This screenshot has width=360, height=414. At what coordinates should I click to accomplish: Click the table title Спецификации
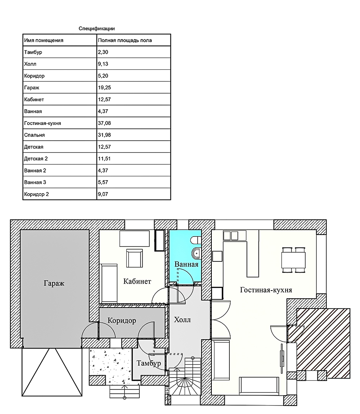97,28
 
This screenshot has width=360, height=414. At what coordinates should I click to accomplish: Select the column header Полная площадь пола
125,40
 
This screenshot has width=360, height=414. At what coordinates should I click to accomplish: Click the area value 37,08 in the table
105,123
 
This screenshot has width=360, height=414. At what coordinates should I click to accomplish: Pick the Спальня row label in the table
34,135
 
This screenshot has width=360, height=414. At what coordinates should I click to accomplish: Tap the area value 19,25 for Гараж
105,88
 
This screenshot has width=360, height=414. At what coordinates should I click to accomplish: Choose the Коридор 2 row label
36,194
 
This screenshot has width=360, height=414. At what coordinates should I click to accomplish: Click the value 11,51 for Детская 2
104,159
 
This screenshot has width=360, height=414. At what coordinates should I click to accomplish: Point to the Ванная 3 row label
35,182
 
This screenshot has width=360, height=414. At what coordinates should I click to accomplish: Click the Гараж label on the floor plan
54,283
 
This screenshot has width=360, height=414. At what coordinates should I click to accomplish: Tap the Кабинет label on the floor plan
137,281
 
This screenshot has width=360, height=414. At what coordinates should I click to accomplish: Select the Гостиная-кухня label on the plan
266,290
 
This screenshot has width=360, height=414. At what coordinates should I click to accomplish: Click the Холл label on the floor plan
182,320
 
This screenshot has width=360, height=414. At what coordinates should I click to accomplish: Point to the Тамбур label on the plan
149,363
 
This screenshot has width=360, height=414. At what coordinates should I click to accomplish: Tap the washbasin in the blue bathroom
196,253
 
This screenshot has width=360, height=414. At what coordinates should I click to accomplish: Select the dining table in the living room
293,260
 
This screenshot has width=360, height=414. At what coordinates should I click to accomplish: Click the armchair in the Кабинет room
134,258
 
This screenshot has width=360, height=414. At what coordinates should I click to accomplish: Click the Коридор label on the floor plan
122,320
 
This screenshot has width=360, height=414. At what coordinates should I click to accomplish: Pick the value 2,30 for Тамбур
103,52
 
